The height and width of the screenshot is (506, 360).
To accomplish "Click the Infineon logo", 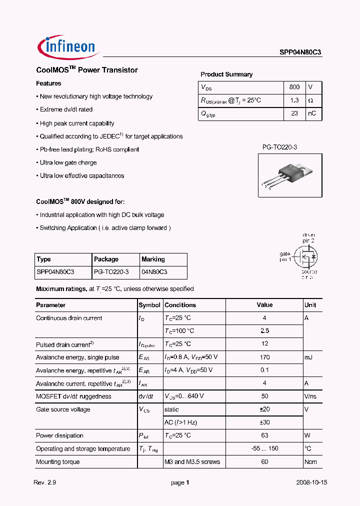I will (x=66, y=46).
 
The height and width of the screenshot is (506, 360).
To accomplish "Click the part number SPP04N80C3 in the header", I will (x=300, y=51).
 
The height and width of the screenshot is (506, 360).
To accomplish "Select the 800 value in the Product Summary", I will (x=294, y=87).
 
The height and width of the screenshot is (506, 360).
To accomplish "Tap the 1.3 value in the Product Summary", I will (x=294, y=100).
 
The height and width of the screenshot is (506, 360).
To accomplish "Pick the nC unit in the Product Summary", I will (x=311, y=113).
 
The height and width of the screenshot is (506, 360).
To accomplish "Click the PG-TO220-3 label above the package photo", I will (x=280, y=147).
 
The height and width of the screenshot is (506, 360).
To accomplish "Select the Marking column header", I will (x=153, y=259).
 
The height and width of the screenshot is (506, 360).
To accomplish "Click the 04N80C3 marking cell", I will (x=154, y=272).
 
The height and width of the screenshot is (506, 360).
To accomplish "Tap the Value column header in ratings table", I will (x=264, y=305).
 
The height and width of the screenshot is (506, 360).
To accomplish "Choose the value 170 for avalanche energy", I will (x=264, y=357).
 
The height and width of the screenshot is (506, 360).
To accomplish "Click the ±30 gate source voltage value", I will (x=264, y=422).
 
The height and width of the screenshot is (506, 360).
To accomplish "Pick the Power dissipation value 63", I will (x=264, y=435).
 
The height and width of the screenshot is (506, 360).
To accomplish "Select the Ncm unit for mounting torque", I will (x=310, y=461).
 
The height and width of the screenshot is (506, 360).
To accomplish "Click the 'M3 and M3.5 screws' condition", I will (x=192, y=461).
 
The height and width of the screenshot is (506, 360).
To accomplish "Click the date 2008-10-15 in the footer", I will (x=311, y=483).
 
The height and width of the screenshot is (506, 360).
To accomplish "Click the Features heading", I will (x=49, y=83).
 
